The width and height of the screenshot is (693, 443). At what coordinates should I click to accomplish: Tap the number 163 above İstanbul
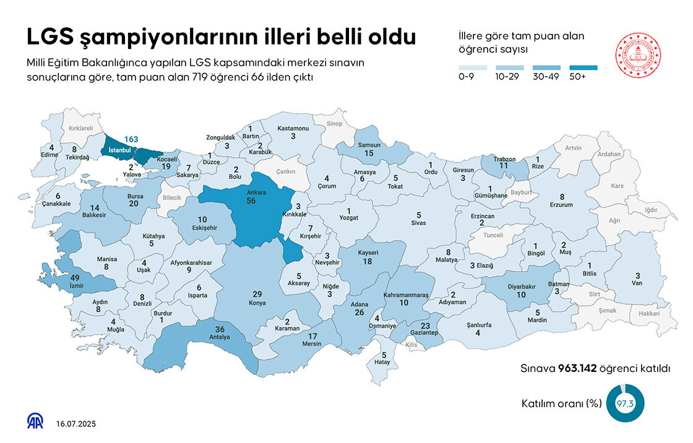(x=131, y=139)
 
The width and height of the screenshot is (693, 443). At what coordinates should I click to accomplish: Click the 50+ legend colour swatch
(x=583, y=67)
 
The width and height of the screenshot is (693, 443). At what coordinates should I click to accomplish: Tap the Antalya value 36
(x=219, y=329)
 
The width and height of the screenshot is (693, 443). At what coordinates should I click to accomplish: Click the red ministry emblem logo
(x=637, y=55)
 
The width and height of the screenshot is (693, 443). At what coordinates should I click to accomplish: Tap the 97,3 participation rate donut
(x=625, y=404)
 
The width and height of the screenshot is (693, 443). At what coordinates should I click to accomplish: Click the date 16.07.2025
(x=75, y=424)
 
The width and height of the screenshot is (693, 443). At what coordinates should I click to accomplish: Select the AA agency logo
(x=35, y=421)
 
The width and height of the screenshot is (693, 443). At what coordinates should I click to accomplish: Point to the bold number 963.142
(x=575, y=369)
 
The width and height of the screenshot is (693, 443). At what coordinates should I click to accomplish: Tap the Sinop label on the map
(x=334, y=124)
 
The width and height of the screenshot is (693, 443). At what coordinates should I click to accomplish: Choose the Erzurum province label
(x=561, y=205)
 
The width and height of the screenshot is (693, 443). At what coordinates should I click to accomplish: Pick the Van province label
(x=637, y=284)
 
